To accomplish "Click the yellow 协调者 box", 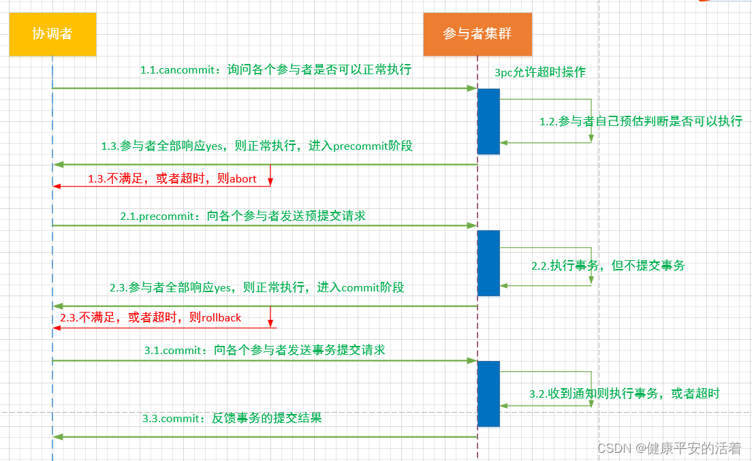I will (52, 34).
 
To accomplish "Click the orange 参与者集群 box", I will (477, 34).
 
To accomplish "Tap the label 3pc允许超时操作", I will (540, 72).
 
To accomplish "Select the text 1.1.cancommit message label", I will (275, 70).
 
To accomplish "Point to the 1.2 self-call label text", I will (640, 121).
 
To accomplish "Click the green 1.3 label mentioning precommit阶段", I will (257, 146).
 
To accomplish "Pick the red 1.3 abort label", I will (172, 178).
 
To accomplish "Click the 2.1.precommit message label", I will (242, 215).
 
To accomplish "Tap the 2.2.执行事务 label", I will (608, 266).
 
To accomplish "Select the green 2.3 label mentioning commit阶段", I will (257, 287).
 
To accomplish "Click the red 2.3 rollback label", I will (151, 317).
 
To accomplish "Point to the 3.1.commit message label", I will (264, 350).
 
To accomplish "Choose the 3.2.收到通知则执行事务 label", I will (624, 393).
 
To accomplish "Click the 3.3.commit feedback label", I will (232, 418).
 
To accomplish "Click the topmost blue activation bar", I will (488, 121).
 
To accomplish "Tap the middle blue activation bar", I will (488, 263).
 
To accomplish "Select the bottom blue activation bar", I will (488, 394).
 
